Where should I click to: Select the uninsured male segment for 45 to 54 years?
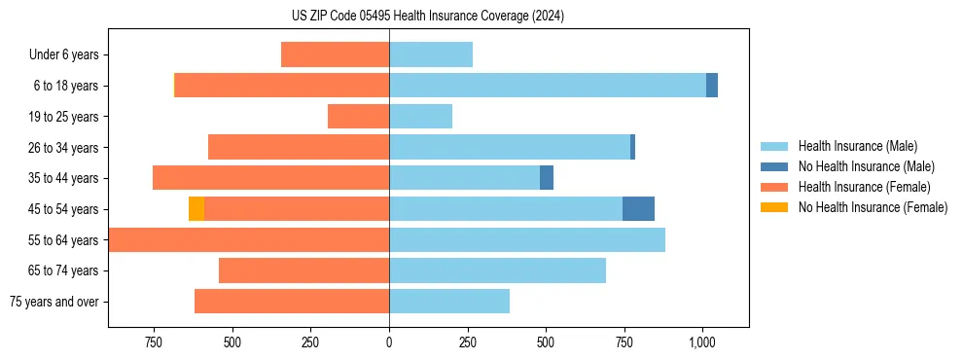pos(638,209)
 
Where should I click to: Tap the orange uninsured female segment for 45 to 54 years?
pos(196,209)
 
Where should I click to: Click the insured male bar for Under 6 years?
pos(431,54)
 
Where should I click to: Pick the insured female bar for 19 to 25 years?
pos(358,117)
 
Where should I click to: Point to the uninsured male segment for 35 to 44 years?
pos(547,178)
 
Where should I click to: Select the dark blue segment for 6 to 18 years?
pos(712,86)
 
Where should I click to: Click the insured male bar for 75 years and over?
pos(449,302)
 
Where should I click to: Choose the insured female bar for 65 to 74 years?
pos(303,270)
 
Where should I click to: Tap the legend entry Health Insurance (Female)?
pos(863,187)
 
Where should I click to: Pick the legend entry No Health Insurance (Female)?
pos(872,207)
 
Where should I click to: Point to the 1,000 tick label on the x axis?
pos(702,342)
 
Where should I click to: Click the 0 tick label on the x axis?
pos(389,342)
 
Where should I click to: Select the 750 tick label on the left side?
pos(153,342)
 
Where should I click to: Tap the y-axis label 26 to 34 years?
pos(63,148)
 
